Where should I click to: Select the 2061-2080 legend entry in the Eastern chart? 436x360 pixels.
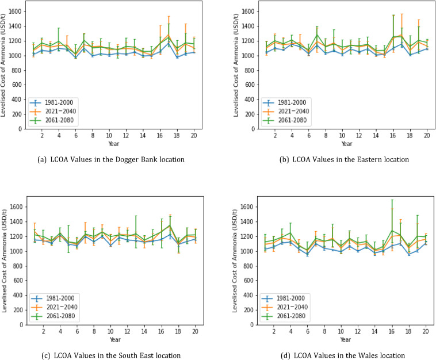click(282, 121)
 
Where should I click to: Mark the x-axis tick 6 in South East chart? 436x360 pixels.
click(76, 331)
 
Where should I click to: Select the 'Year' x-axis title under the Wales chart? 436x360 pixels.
click(334, 339)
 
